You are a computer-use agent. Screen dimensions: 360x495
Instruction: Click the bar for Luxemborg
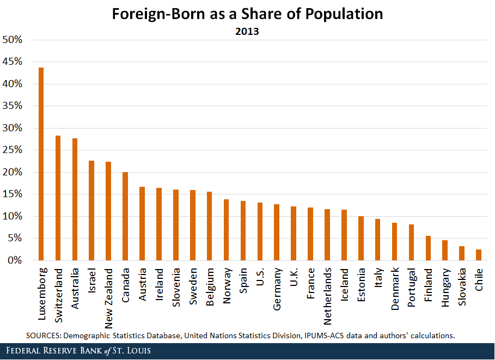click(x=41, y=164)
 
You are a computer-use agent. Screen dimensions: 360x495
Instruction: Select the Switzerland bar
click(x=58, y=198)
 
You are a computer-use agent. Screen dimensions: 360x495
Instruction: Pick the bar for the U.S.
click(x=260, y=231)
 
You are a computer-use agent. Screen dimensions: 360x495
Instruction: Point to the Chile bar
click(x=479, y=255)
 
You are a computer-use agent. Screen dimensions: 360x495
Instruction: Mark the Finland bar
click(x=428, y=248)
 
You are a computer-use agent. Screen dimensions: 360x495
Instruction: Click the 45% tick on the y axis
click(x=13, y=62)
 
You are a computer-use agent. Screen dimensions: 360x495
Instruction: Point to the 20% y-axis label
click(x=13, y=173)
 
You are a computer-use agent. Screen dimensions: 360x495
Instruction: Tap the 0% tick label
click(x=15, y=261)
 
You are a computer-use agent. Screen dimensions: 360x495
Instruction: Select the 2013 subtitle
click(x=247, y=31)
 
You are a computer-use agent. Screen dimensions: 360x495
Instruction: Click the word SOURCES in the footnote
click(x=43, y=335)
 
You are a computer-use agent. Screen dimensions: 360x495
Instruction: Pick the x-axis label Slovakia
click(x=462, y=285)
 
